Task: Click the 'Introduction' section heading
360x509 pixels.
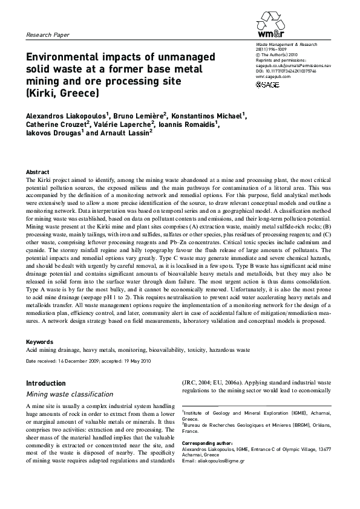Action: click(45, 383)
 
